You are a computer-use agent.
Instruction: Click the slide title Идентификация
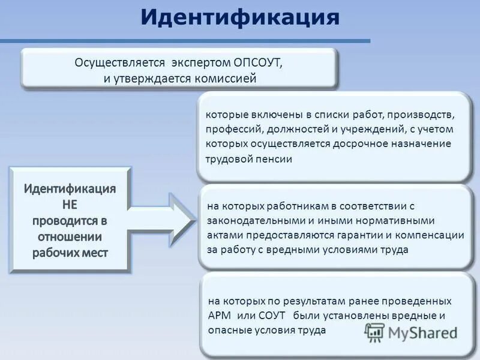click(240, 17)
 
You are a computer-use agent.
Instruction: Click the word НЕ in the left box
click(70, 204)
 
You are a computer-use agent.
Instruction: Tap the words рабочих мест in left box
click(70, 252)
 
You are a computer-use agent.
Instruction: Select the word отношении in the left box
click(70, 236)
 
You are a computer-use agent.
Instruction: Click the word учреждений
click(367, 129)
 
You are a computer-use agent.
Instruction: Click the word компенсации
click(428, 235)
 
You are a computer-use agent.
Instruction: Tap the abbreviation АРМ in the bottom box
click(218, 316)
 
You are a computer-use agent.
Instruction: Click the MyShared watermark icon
click(375, 332)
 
